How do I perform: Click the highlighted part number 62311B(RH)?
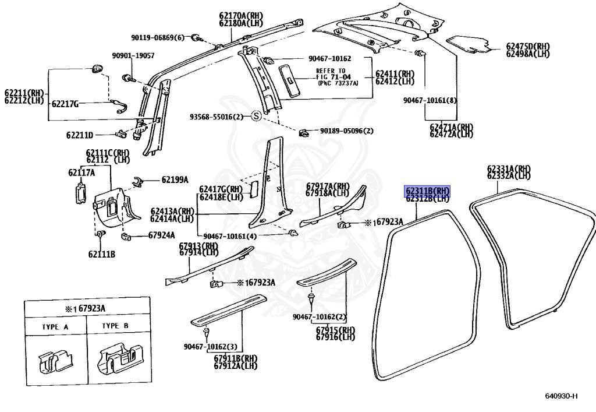(428, 191)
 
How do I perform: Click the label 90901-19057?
(133, 55)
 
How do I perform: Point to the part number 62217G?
(65, 104)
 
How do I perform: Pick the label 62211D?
(80, 135)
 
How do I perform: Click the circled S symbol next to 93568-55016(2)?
(255, 117)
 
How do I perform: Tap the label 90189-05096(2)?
(346, 131)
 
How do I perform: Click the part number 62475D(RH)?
(527, 46)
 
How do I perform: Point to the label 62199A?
(175, 179)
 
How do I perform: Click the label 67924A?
(161, 235)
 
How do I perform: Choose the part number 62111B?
(102, 254)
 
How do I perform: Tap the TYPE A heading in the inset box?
(55, 327)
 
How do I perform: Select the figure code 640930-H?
(561, 396)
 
